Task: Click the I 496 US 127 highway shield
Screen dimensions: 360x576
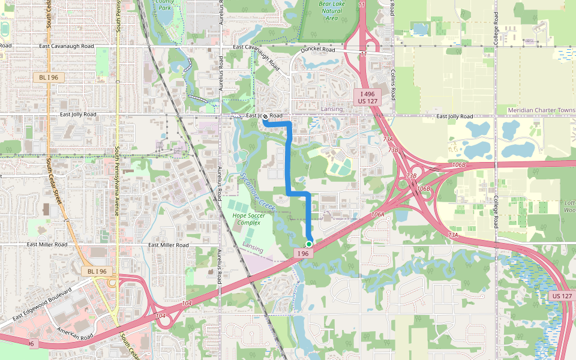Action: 368,98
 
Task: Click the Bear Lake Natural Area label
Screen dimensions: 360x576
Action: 332,10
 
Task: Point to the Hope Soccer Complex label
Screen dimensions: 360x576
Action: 248,218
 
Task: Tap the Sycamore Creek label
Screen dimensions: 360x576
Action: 257,188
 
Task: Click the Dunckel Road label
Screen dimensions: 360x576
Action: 318,50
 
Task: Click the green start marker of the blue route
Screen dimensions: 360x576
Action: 308,244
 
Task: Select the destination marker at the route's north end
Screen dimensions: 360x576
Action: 265,117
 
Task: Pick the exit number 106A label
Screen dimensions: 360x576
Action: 377,214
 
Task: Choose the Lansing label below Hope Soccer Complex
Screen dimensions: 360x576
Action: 253,248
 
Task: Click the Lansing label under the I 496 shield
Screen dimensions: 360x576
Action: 332,109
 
